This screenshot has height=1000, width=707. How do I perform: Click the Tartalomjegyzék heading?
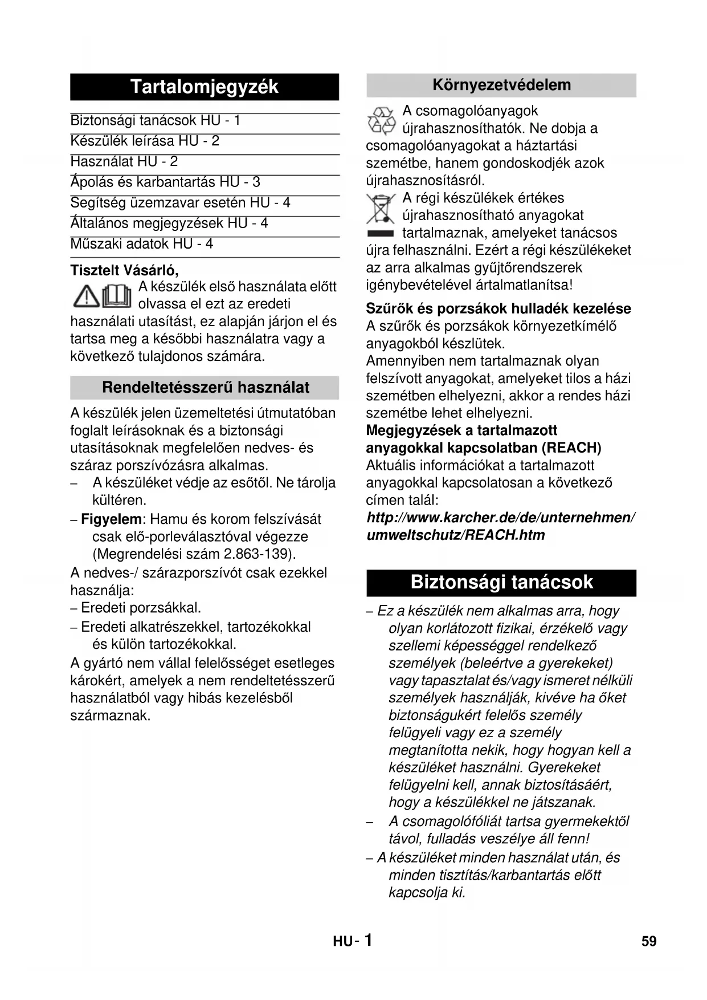(204, 87)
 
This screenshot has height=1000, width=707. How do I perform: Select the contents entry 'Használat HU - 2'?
(124, 162)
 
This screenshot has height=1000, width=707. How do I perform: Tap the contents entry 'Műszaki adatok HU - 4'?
(141, 244)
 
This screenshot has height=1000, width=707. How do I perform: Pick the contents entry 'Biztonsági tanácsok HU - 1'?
(155, 121)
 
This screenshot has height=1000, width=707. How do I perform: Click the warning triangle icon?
(86, 295)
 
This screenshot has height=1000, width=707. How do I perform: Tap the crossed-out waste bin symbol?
(381, 209)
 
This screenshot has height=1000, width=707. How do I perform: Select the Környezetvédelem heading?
(501, 86)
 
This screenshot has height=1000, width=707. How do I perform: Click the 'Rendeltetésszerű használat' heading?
(205, 388)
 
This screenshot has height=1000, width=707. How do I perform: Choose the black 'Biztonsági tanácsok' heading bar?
(501, 582)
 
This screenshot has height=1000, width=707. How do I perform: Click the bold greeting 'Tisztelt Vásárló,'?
(124, 270)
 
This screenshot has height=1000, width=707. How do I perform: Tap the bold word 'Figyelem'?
(111, 519)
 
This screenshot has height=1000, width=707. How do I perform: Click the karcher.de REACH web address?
(500, 526)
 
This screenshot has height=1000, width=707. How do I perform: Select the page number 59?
(649, 941)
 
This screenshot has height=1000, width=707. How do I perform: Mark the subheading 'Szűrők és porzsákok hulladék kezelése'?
(498, 309)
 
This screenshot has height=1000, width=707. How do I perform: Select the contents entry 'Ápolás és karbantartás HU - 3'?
(165, 182)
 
